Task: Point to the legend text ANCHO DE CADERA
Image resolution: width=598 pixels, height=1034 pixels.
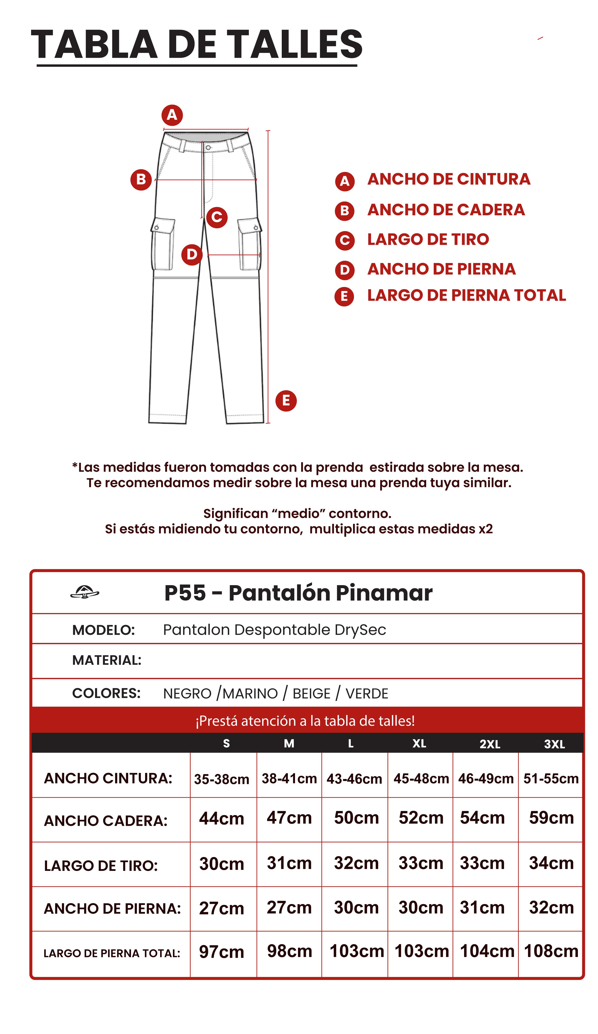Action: (x=446, y=210)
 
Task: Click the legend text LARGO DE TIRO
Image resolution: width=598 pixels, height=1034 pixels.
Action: (x=428, y=239)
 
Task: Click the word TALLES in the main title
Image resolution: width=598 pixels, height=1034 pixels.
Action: (x=295, y=44)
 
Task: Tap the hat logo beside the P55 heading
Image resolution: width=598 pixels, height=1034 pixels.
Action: (x=85, y=592)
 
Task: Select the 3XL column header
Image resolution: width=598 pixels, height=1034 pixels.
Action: (x=554, y=744)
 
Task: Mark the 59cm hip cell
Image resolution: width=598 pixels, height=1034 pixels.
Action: (x=551, y=818)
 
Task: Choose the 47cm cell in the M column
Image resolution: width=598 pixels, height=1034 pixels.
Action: (x=289, y=818)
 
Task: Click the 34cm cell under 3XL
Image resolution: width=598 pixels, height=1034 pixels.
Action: (x=551, y=863)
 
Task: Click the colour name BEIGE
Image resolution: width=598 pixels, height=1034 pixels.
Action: (x=311, y=693)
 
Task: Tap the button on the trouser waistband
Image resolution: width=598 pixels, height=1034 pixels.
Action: (x=208, y=147)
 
